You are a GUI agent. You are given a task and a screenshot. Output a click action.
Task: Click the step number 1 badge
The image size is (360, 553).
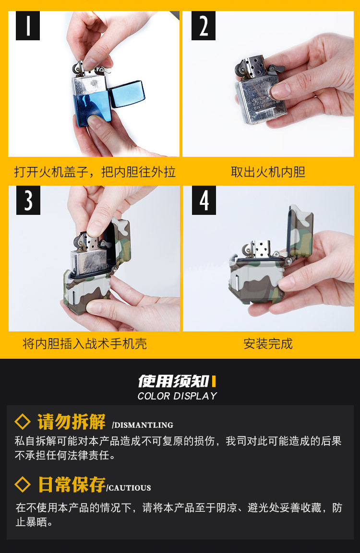[27, 25]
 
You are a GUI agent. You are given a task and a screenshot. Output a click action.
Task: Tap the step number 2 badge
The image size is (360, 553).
[204, 25]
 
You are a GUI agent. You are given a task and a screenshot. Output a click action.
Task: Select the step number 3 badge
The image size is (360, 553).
[28, 200]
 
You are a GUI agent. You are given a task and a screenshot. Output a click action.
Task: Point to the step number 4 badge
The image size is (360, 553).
[204, 200]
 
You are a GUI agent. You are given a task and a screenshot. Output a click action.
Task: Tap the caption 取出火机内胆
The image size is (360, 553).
[268, 172]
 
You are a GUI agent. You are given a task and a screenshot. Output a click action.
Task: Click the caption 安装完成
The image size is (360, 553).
[268, 343]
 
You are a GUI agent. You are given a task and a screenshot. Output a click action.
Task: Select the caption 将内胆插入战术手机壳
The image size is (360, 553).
[84, 343]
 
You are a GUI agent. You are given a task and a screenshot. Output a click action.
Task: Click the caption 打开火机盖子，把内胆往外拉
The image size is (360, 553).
[95, 172]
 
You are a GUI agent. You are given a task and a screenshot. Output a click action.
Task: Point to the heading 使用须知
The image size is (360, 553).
[174, 381]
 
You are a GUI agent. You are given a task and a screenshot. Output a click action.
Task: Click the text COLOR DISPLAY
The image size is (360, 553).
[177, 396]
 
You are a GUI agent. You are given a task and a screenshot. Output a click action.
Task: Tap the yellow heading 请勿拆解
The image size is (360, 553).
[72, 422]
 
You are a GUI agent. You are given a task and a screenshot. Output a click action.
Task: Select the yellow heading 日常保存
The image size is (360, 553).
[72, 484]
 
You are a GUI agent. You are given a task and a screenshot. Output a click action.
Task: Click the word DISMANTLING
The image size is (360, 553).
[143, 425]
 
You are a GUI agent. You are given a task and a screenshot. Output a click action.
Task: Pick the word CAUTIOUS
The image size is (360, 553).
[129, 488]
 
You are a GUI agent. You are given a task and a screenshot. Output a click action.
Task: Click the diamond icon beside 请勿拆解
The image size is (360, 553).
[23, 422]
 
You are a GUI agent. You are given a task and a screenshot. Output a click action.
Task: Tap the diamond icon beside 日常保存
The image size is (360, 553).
[23, 484]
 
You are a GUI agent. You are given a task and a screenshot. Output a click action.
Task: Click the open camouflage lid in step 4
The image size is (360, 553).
[300, 231]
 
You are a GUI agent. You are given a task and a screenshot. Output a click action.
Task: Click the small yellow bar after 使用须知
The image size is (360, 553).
[214, 381]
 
